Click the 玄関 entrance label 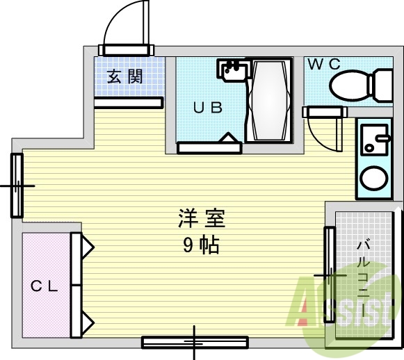tap(125, 76)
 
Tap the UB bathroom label tap(207, 108)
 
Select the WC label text tap(324, 64)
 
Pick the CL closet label tap(45, 286)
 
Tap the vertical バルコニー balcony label tap(363, 278)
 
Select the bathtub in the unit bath tap(268, 100)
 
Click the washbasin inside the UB tap(232, 69)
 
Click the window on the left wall tap(17, 186)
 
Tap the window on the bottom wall tap(195, 342)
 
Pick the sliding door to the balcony tap(329, 275)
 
